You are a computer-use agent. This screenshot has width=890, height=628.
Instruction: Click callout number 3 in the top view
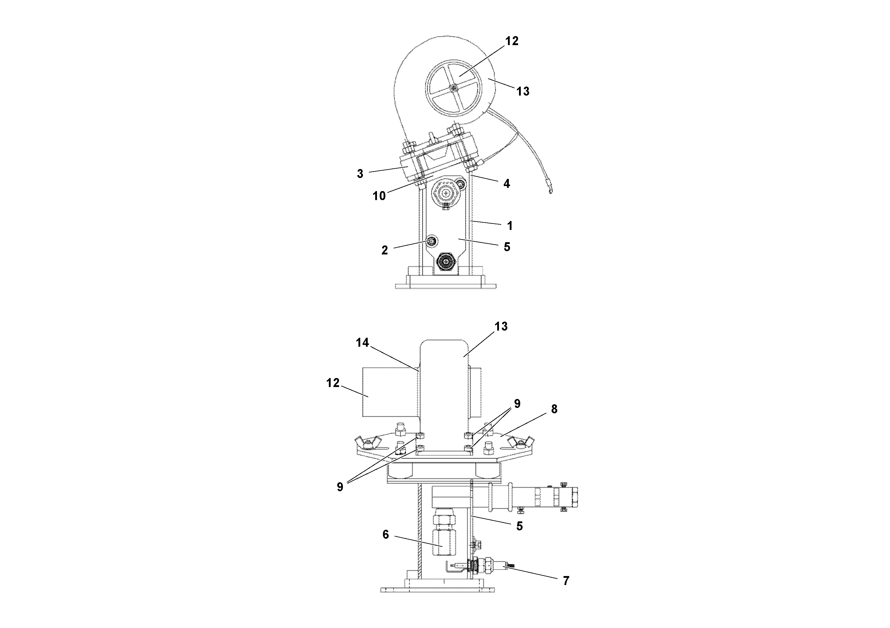point(360,174)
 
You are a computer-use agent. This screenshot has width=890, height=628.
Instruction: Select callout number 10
point(379,196)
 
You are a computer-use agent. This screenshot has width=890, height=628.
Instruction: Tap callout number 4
point(507,184)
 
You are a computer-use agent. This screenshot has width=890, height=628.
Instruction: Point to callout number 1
point(510,225)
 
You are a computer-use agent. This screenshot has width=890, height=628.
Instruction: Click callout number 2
point(384,250)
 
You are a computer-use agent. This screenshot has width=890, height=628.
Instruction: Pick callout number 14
point(362,343)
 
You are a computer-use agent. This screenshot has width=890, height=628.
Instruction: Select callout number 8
point(554,409)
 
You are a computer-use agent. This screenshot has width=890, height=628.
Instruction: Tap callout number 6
point(385,535)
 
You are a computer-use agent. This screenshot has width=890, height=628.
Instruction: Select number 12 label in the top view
point(512,41)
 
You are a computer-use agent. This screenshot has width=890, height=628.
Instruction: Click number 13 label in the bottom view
point(501,326)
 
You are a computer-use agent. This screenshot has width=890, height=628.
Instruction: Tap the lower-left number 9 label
point(340,487)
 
